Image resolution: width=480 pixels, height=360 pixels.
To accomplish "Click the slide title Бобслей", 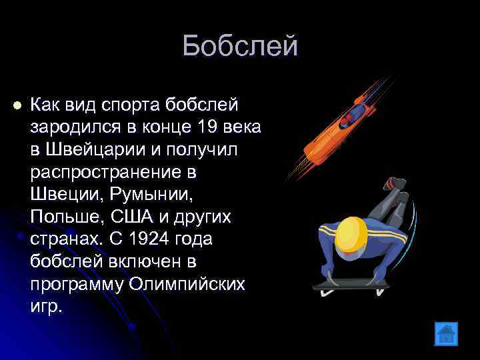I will [x=239, y=47].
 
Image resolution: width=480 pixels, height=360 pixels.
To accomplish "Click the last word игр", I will [x=46, y=306].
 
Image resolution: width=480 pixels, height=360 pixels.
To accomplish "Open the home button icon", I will [x=445, y=333].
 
